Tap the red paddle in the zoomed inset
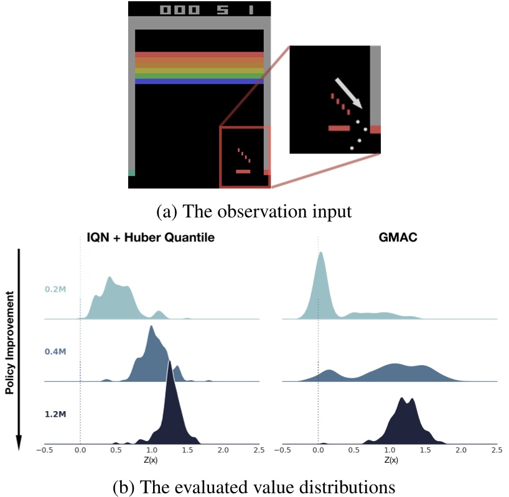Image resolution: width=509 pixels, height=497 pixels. [339, 128]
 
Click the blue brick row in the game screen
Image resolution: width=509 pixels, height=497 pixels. [199, 81]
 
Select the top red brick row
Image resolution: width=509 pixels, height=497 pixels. [199, 55]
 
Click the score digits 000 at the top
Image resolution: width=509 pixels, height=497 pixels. [179, 10]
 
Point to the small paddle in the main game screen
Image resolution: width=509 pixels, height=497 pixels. [243, 171]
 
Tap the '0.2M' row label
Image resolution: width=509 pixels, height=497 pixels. [54, 289]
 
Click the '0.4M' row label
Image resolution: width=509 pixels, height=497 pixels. [54, 351]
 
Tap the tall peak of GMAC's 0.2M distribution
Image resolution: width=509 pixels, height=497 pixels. [320, 254]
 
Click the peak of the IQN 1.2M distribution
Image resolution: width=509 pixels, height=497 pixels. [169, 362]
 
